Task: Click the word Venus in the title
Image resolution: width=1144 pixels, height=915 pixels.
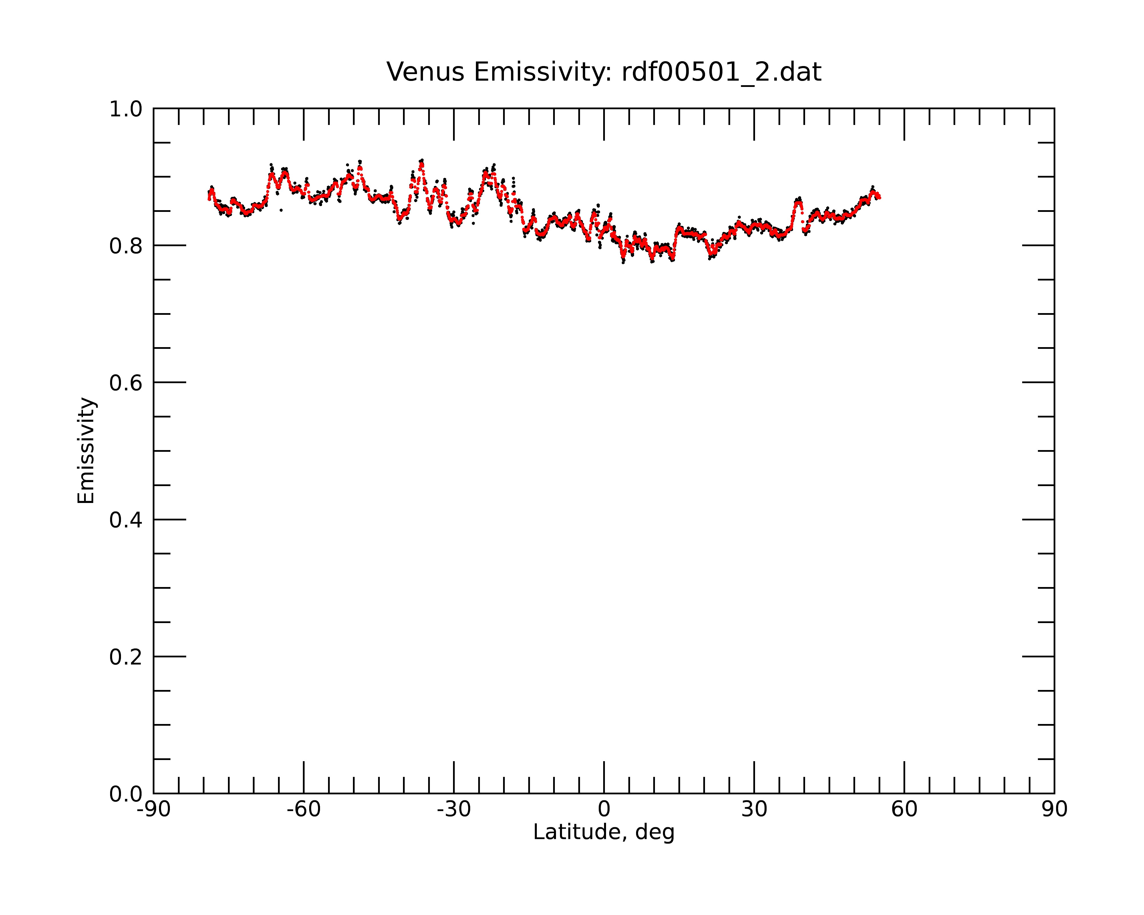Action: pos(426,72)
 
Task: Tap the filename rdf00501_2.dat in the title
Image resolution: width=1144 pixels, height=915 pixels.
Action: pos(721,72)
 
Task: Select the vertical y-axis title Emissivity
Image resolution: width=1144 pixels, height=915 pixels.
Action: pos(86,450)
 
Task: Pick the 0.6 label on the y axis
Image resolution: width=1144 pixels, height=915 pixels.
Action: pos(126,383)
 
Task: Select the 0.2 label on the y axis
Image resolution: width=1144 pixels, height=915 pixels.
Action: pos(126,657)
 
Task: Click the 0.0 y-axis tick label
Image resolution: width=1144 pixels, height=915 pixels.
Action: pos(126,794)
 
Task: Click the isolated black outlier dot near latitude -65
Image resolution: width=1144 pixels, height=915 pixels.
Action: pos(281,210)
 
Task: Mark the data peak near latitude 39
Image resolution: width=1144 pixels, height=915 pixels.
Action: pos(798,200)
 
